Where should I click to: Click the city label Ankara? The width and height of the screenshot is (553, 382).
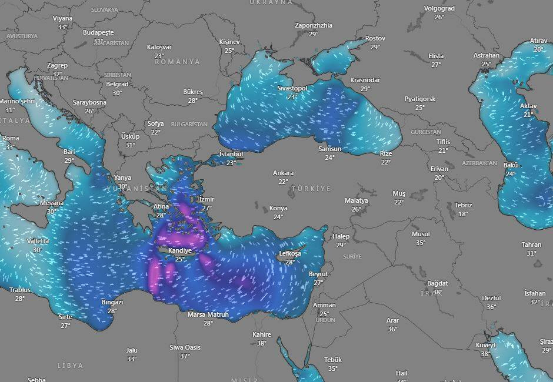pyautogui.click(x=283, y=173)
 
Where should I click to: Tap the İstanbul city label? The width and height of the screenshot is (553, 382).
pyautogui.click(x=231, y=153)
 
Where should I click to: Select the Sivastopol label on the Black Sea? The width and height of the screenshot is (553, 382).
pyautogui.click(x=292, y=88)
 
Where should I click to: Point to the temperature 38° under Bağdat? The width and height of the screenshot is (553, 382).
pyautogui.click(x=437, y=292)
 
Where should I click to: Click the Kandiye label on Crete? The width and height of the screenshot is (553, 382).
pyautogui.click(x=180, y=250)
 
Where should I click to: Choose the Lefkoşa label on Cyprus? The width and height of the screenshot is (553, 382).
pyautogui.click(x=289, y=253)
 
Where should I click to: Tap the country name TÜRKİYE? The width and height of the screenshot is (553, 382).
pyautogui.click(x=311, y=189)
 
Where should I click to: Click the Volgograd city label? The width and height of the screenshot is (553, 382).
pyautogui.click(x=439, y=8)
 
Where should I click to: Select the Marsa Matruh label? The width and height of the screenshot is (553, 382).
pyautogui.click(x=208, y=315)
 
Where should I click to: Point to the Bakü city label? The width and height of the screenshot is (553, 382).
pyautogui.click(x=510, y=165)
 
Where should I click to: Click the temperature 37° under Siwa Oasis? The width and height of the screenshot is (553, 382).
pyautogui.click(x=185, y=356)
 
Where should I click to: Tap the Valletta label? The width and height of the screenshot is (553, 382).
pyautogui.click(x=38, y=241)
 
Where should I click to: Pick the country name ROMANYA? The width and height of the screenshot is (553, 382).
pyautogui.click(x=177, y=62)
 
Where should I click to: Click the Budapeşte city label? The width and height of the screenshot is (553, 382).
pyautogui.click(x=98, y=32)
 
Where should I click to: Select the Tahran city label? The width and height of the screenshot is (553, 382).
pyautogui.click(x=531, y=244)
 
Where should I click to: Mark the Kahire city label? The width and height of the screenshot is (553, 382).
pyautogui.click(x=262, y=334)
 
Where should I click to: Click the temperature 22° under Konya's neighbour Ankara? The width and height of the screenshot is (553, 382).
pyautogui.click(x=283, y=182)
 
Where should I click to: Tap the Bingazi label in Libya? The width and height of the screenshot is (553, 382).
pyautogui.click(x=112, y=302)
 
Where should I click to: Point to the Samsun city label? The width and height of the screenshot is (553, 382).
pyautogui.click(x=329, y=149)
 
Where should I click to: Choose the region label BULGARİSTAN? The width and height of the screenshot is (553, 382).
pyautogui.click(x=189, y=125)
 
